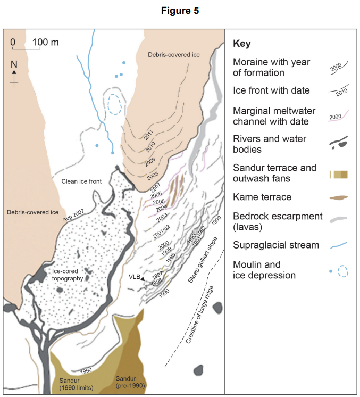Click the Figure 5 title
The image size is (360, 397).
tap(179, 10)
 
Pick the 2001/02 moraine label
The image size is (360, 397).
tap(161, 232)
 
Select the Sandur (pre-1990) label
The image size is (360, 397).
tap(130, 382)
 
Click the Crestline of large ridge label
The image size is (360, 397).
tap(202, 319)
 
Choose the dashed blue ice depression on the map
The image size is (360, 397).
tap(113, 104)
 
